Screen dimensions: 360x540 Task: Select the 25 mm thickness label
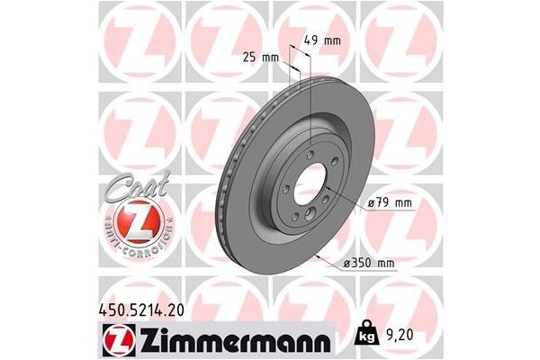260,57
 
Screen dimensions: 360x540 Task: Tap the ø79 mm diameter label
390,203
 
